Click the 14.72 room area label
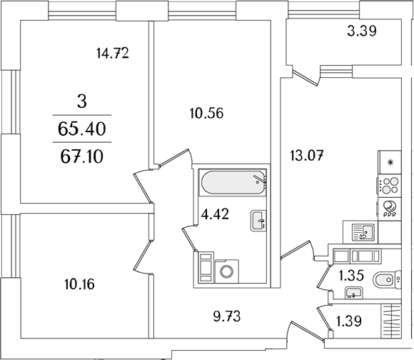click(x=113, y=54)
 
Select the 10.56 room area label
click(x=206, y=114)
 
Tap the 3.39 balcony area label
click(x=361, y=31)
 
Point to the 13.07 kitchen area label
click(x=306, y=155)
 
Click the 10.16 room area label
click(x=79, y=285)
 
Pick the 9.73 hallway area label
click(x=227, y=316)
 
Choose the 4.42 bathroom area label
click(x=215, y=214)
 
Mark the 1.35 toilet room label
click(x=351, y=276)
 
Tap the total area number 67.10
click(x=82, y=157)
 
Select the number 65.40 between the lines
click(x=82, y=129)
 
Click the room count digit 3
click(x=82, y=102)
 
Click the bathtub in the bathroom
click(x=233, y=183)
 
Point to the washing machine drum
click(x=227, y=271)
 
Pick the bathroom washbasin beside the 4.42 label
click(x=258, y=221)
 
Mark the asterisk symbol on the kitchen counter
click(x=390, y=162)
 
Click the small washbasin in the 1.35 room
click(x=354, y=294)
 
